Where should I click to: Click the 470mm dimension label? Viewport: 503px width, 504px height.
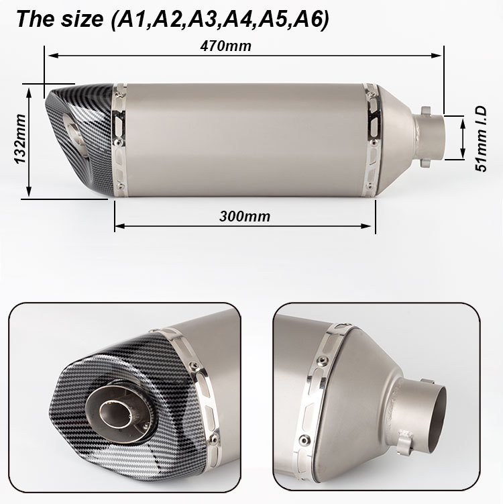(x=225, y=46)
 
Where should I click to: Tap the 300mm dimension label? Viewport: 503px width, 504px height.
(x=245, y=216)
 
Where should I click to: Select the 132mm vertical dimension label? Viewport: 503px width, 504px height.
(x=21, y=139)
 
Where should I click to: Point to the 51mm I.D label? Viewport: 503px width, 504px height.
(x=481, y=139)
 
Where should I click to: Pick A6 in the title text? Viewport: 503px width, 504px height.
(x=309, y=19)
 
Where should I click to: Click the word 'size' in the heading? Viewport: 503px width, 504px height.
(x=82, y=19)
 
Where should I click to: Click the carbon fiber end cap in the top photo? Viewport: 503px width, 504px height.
(x=80, y=139)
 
